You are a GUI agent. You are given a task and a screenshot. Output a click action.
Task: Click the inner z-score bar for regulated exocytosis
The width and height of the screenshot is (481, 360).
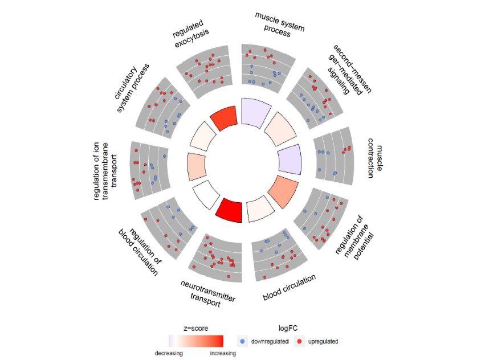[x=224, y=118]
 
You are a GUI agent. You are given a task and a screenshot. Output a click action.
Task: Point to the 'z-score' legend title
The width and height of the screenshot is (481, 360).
[x=194, y=328]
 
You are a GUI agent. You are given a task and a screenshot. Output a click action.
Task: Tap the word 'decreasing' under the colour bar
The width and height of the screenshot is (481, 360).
[x=169, y=353]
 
